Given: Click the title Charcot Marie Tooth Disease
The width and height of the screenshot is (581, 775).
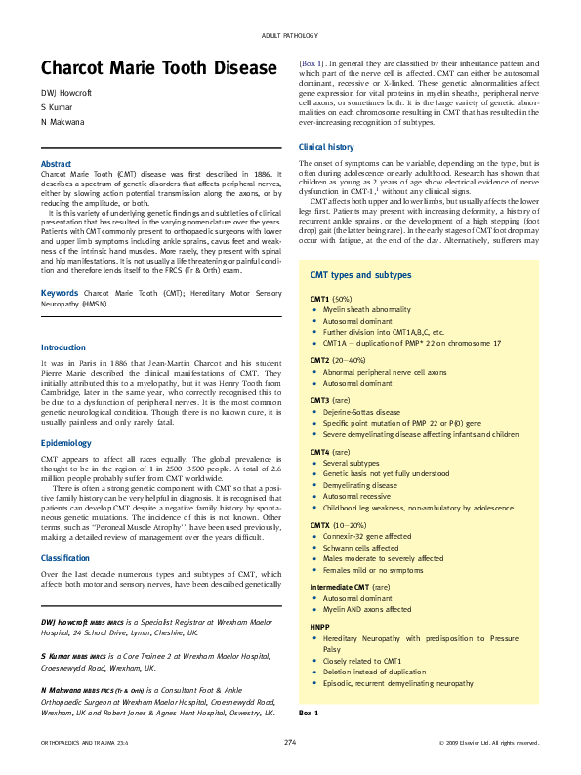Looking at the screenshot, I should [x=159, y=68].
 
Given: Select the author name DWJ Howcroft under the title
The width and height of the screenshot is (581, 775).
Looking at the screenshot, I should [x=64, y=93].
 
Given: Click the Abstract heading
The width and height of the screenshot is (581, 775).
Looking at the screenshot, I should [x=56, y=163].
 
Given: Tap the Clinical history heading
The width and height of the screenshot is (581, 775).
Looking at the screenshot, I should [x=326, y=146].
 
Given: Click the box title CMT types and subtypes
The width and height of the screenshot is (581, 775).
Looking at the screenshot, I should [x=360, y=275].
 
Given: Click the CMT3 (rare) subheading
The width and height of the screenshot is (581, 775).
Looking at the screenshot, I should [x=331, y=400].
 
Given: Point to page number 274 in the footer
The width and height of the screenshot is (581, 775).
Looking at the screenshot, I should [x=290, y=743].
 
